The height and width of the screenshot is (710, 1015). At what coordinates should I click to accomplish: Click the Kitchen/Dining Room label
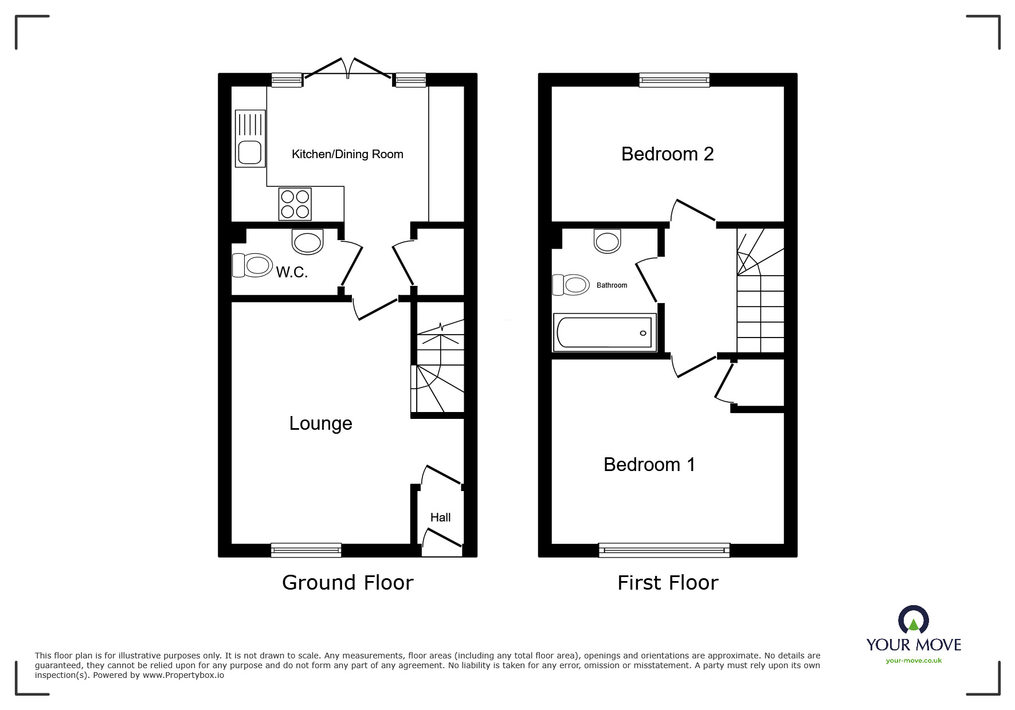pos(347,154)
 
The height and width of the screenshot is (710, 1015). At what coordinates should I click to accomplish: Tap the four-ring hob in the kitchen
pos(295,204)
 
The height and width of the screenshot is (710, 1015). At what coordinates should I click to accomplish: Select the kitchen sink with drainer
pos(250,138)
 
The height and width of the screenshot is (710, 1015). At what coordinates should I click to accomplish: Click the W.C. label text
pos(292,272)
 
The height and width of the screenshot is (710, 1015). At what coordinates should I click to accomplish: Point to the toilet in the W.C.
pos(252,265)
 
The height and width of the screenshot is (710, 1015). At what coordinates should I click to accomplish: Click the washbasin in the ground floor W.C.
pos(308,241)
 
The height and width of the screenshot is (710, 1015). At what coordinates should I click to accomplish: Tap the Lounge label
pos(320,423)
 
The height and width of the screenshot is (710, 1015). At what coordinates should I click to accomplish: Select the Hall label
pos(441,517)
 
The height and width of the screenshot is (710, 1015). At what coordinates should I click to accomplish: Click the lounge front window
pos(306,550)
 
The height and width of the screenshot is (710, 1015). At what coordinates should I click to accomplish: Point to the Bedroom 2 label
pos(668,154)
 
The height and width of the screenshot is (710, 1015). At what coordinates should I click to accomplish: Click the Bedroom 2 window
pos(675,80)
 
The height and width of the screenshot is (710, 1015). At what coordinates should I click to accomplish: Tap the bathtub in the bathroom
pos(605,332)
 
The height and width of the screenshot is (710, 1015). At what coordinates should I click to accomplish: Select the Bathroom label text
pos(612,285)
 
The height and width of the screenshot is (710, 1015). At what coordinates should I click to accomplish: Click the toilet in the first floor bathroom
pos(571,284)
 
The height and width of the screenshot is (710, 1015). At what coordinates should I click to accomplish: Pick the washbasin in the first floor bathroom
pos(608,241)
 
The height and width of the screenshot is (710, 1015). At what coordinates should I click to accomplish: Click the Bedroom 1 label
pos(649,464)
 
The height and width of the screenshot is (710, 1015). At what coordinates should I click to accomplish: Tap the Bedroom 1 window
pos(665,550)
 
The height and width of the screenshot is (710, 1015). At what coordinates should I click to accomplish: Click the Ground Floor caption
pos(348,583)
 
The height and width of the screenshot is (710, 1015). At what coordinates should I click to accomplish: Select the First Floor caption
pos(668,583)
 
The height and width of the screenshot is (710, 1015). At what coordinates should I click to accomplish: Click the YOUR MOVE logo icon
pos(914,621)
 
